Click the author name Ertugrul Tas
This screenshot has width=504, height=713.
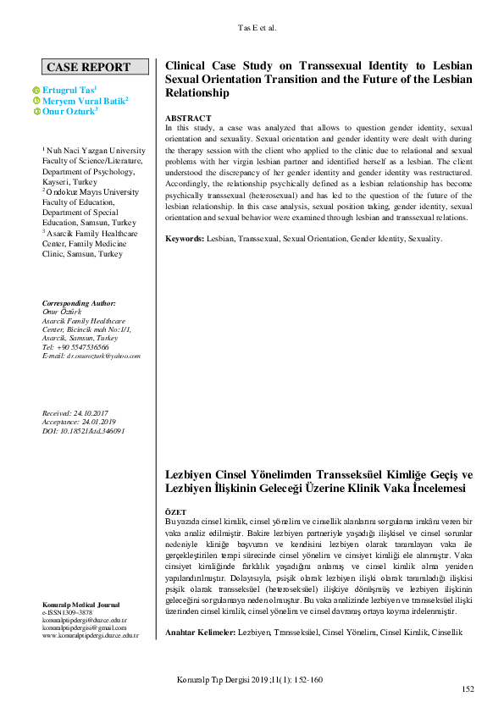click(70, 89)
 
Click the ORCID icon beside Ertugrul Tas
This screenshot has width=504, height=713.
click(36, 90)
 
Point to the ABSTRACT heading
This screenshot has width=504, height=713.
click(188, 118)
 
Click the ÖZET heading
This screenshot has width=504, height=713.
click(176, 512)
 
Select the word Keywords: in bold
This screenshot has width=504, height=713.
click(185, 240)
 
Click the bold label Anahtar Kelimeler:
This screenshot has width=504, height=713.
click(201, 633)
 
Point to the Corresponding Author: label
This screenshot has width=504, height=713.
click(79, 303)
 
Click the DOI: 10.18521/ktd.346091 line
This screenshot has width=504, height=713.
click(83, 430)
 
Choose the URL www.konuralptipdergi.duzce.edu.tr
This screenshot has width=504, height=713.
click(90, 635)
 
